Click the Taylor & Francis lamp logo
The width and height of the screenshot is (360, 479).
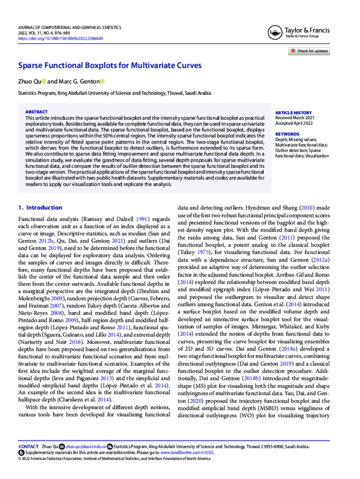point(274,33)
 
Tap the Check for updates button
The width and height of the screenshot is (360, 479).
point(308,51)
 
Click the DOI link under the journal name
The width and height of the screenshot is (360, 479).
point(60,38)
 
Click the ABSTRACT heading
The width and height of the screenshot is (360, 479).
point(36,112)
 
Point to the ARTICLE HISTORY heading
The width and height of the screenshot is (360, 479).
point(293,113)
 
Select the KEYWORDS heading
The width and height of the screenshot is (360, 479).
point(287,134)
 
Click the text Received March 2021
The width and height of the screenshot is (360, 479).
point(295,118)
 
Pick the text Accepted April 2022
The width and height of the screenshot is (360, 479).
point(294,124)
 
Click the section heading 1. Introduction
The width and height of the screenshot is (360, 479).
point(40,208)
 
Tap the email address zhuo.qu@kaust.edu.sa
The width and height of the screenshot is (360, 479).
point(86,447)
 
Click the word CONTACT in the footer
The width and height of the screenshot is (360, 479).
point(28,447)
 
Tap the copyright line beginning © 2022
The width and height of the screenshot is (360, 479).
point(114,459)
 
